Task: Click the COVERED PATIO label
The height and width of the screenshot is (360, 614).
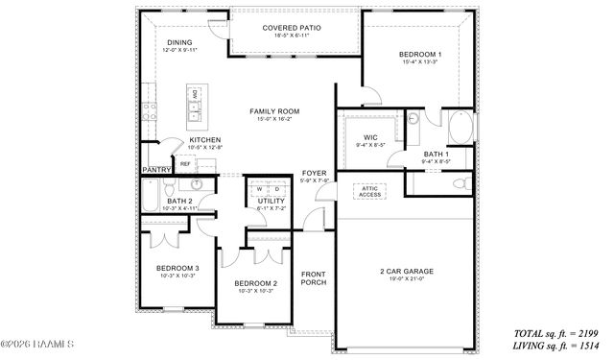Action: [x=292, y=29]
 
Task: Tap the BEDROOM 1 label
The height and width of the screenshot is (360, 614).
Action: [x=418, y=56]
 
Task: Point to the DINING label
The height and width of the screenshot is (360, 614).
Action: [x=179, y=42]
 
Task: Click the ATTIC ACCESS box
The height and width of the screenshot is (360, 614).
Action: [x=369, y=191]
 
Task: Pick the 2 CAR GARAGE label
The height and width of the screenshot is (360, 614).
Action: [x=406, y=272]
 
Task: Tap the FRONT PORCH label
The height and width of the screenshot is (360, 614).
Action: [x=314, y=277]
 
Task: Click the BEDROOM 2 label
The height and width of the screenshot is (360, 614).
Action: [x=256, y=283]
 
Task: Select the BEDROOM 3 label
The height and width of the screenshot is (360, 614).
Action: [x=177, y=268]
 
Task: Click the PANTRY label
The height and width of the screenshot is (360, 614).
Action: [x=155, y=169]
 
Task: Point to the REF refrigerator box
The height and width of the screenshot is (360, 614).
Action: [x=185, y=163]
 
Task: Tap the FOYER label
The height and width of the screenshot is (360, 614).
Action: [x=315, y=173]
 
